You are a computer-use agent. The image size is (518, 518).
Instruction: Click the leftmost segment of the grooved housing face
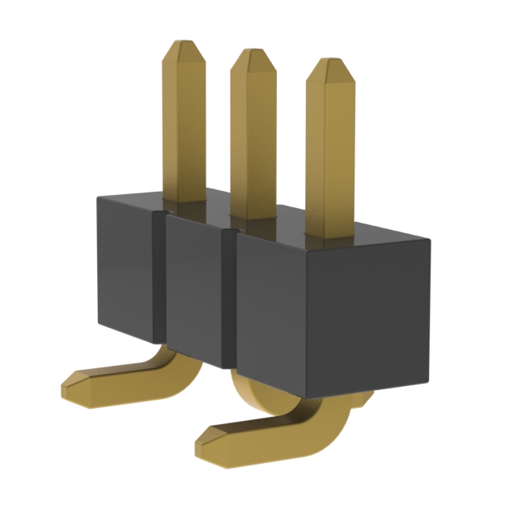[126, 267]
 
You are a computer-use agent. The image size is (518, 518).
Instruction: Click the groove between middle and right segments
[229, 295]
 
